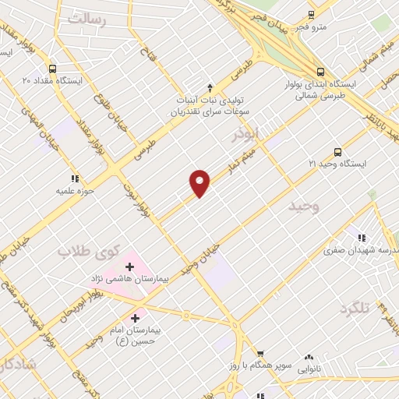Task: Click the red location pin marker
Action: pyautogui.click(x=200, y=183)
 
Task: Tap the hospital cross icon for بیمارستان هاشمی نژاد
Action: pyautogui.click(x=129, y=267)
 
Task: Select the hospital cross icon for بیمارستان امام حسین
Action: pyautogui.click(x=136, y=318)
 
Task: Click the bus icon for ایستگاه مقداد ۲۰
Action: pyautogui.click(x=52, y=68)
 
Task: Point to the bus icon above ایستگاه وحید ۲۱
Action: pyautogui.click(x=337, y=152)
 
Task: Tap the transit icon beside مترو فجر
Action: pyautogui.click(x=311, y=14)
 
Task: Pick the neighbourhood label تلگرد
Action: pyautogui.click(x=352, y=309)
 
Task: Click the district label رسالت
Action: pyautogui.click(x=86, y=19)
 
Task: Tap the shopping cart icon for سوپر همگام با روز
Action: pyautogui.click(x=261, y=354)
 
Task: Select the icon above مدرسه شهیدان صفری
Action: pyautogui.click(x=361, y=237)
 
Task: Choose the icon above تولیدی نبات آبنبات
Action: pyautogui.click(x=209, y=87)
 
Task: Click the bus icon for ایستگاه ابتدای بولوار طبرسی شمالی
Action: pyautogui.click(x=320, y=70)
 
